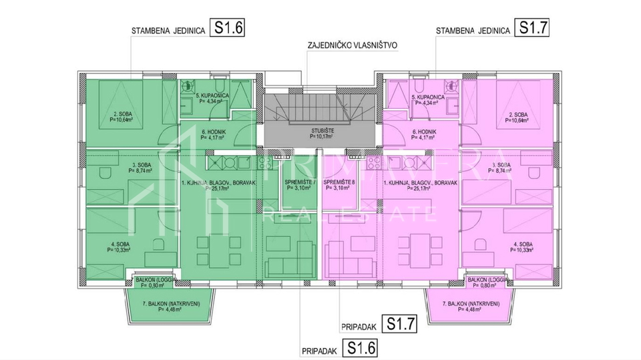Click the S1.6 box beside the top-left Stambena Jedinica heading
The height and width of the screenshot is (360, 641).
coord(227,28)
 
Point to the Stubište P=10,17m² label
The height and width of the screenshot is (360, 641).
coord(321,132)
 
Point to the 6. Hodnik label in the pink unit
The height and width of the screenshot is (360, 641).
coord(424,136)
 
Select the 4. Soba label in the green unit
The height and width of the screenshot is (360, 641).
coord(121,246)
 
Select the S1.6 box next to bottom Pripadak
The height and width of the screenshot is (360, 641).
coord(359,347)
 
